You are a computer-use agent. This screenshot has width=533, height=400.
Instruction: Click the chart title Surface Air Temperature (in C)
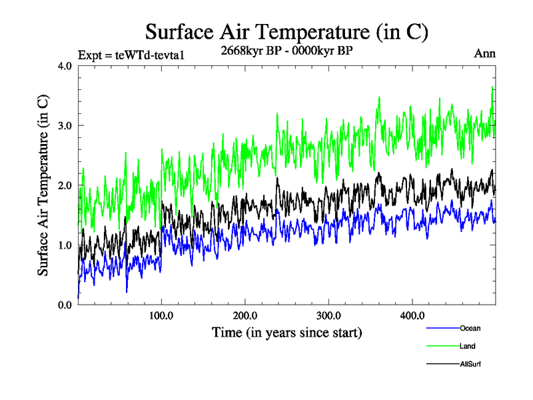click(286, 31)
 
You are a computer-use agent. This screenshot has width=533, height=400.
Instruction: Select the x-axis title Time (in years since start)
click(286, 332)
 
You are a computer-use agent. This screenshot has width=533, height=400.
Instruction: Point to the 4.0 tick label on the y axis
click(65, 66)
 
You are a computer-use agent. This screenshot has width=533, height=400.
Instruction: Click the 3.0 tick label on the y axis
click(65, 125)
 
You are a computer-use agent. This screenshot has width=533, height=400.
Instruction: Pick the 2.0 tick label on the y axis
click(65, 185)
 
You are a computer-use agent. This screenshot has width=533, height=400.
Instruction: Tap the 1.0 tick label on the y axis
click(65, 245)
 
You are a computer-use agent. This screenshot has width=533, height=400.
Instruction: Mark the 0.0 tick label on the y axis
click(65, 305)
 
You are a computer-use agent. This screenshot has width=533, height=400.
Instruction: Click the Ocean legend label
click(470, 328)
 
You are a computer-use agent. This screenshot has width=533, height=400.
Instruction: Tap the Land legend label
click(468, 346)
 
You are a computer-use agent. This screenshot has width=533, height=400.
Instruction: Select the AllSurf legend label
click(470, 364)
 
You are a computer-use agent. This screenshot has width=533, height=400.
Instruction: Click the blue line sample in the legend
click(442, 328)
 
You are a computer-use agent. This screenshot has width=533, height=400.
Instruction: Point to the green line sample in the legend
click(442, 346)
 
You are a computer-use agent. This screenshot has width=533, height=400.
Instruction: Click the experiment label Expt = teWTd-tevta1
click(131, 54)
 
